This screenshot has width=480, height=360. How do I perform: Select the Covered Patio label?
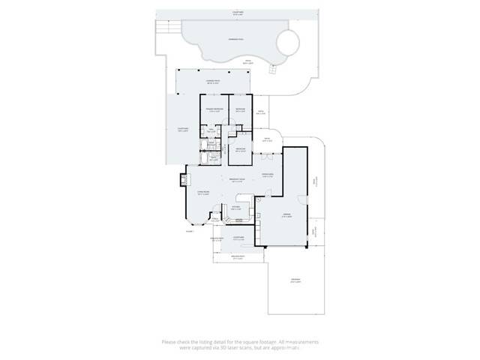212,81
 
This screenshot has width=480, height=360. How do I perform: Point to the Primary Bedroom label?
215,110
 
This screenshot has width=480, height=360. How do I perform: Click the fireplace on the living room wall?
182,180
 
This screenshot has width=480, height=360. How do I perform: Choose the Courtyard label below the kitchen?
238,239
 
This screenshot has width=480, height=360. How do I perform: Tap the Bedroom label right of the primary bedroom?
240,110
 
